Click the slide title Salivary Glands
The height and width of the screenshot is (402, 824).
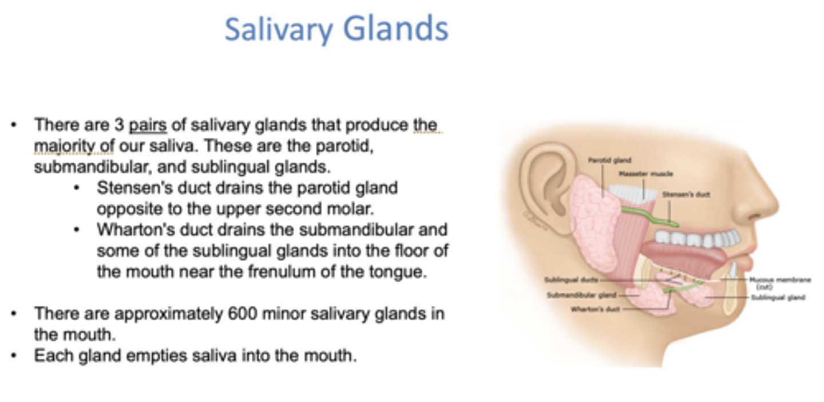click(336, 29)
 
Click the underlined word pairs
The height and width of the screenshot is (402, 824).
click(148, 124)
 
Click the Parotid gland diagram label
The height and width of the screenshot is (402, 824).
click(610, 161)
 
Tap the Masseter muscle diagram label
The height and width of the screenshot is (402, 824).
click(645, 174)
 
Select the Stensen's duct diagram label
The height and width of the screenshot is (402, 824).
click(686, 195)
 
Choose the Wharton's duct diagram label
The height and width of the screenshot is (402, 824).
click(594, 309)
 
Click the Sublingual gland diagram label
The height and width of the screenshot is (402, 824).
click(778, 297)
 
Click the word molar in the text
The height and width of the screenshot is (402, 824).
click(353, 208)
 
